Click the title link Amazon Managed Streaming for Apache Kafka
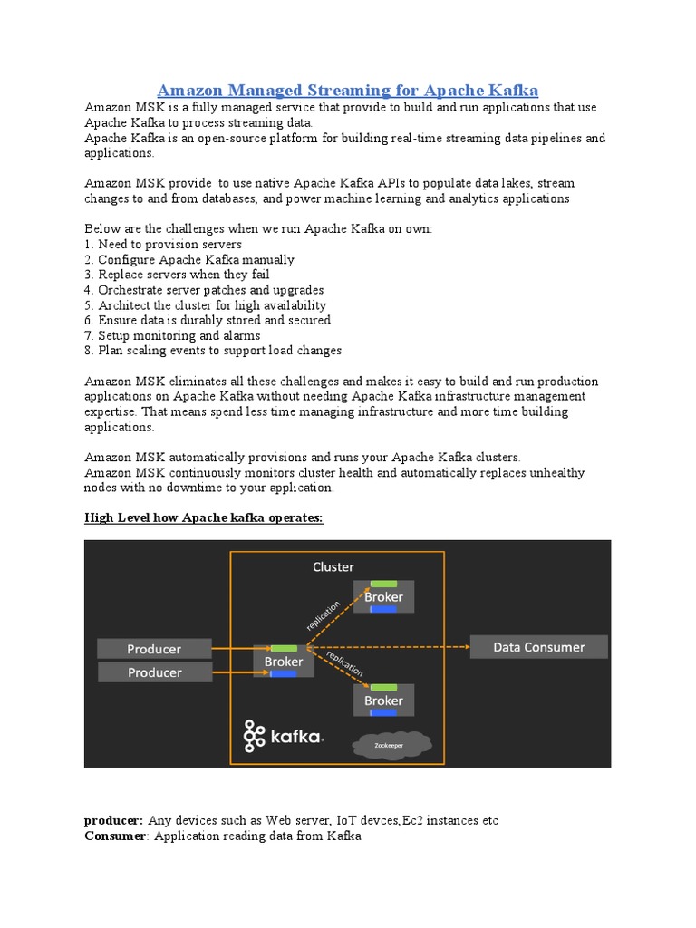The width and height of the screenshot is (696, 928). [x=348, y=90]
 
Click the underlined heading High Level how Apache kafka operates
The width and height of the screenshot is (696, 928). [x=204, y=517]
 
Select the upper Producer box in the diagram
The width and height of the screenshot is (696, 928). [x=154, y=649]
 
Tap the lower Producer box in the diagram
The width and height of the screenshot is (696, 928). [x=154, y=672]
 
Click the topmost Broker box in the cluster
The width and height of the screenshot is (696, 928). [x=383, y=596]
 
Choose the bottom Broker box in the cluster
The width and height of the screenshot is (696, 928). [x=383, y=701]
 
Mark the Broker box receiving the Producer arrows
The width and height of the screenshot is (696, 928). [x=284, y=662]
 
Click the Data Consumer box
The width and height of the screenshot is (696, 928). [x=538, y=647]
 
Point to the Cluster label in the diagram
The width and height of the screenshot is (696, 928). [x=333, y=567]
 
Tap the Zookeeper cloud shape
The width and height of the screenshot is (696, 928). [x=391, y=745]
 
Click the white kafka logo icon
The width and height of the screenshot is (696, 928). [x=254, y=736]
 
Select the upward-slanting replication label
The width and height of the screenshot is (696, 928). [x=324, y=615]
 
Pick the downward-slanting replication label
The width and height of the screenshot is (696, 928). [x=344, y=663]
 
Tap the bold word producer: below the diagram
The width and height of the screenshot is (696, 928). [x=113, y=821]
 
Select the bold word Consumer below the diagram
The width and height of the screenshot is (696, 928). [x=115, y=836]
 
